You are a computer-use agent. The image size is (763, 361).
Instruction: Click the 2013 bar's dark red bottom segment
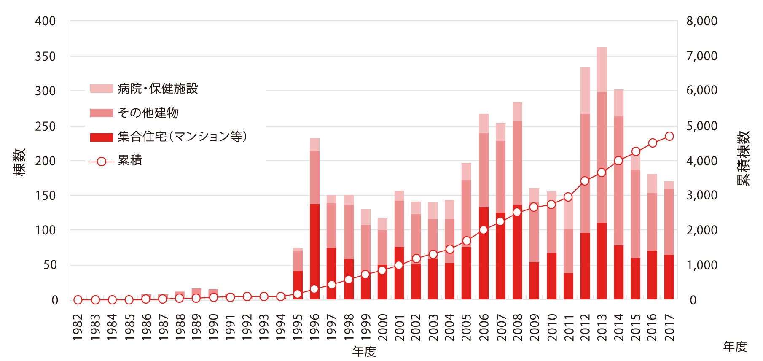[602, 261]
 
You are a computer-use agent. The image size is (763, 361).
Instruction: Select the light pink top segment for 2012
[585, 90]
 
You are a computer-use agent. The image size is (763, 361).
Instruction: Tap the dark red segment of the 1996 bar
[314, 252]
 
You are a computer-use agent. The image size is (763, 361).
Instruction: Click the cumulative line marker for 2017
[669, 136]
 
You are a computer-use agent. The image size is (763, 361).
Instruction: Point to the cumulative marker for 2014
[618, 161]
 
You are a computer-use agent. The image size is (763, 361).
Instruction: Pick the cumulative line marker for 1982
[78, 300]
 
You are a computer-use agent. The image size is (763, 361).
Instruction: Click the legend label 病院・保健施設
[158, 89]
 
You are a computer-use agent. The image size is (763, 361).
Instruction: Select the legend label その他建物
[148, 113]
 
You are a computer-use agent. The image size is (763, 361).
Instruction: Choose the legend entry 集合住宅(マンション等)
[182, 137]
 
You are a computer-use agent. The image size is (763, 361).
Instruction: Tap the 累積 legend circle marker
[102, 162]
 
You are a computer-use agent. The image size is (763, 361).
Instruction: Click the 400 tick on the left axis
[46, 21]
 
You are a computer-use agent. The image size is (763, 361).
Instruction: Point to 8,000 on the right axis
[701, 21]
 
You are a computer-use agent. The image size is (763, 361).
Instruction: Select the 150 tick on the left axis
[46, 196]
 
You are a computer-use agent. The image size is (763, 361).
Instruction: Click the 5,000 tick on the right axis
[701, 126]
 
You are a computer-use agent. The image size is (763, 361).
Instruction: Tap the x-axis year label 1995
[298, 327]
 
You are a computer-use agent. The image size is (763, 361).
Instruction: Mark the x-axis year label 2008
[517, 327]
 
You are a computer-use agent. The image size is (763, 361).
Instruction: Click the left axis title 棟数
[19, 162]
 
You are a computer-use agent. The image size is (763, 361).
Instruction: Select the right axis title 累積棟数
[744, 158]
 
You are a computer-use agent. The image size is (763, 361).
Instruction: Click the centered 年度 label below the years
[364, 351]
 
